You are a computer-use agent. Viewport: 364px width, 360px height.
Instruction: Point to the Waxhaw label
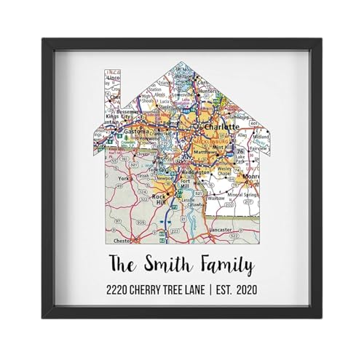click(x=217, y=197)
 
